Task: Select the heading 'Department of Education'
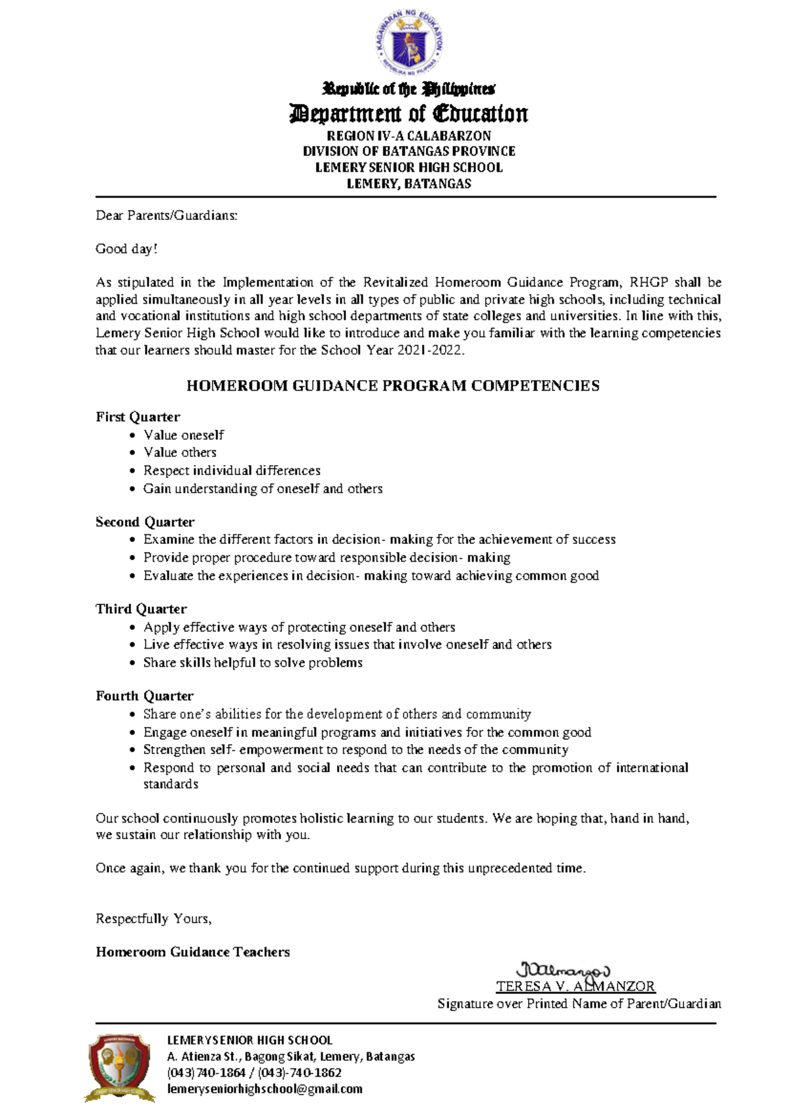click(409, 114)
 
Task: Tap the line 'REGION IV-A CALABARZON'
click(409, 136)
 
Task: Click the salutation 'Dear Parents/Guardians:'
click(167, 215)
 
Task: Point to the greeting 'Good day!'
click(126, 249)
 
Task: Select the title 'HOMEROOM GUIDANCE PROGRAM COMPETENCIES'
click(393, 386)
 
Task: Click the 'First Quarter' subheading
click(138, 417)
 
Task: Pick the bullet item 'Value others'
click(180, 452)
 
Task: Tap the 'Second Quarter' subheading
click(145, 522)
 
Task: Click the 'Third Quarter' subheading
click(141, 609)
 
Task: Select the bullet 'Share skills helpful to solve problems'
click(253, 663)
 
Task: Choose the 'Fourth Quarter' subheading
click(145, 696)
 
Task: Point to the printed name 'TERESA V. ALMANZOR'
click(575, 987)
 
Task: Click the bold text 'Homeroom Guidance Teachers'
click(193, 952)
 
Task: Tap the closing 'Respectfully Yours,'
click(153, 919)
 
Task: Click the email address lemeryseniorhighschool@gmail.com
click(265, 1089)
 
